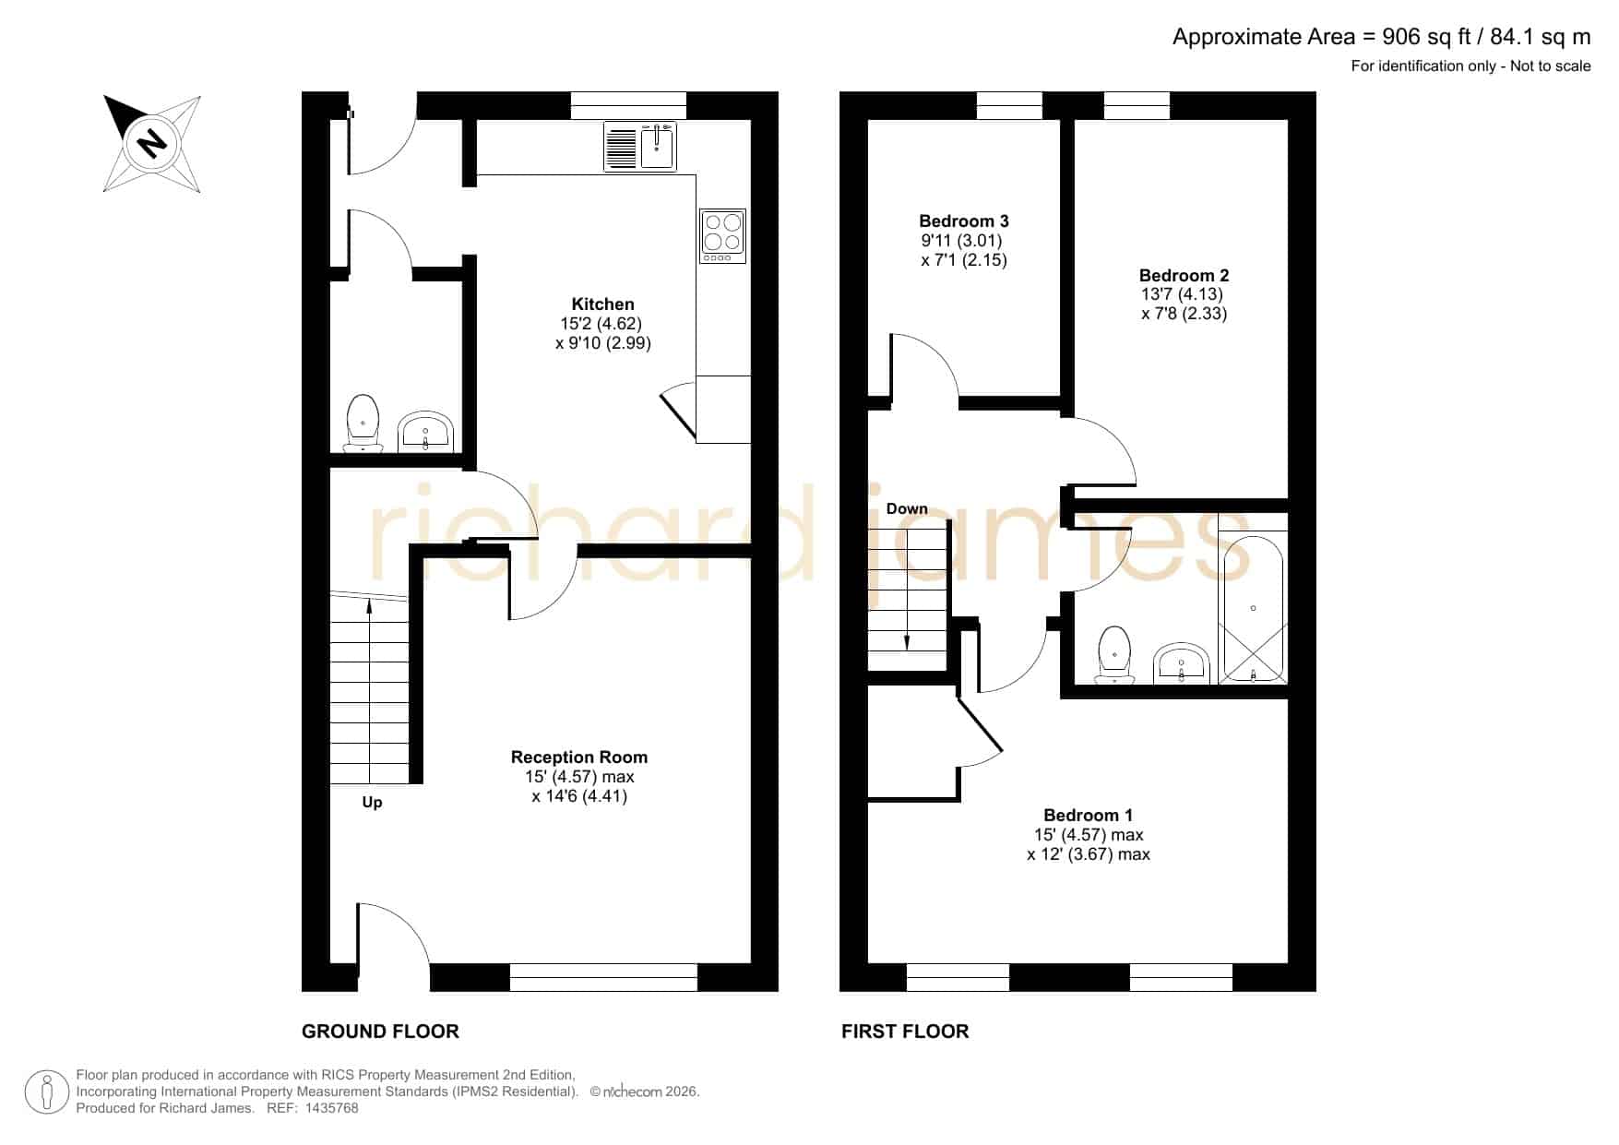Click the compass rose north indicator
click(151, 143)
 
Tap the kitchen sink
click(640, 146)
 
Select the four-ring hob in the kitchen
click(723, 235)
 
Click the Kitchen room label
click(603, 304)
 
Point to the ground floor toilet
click(363, 423)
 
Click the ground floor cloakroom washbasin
click(425, 432)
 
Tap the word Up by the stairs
click(372, 803)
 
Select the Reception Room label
click(579, 757)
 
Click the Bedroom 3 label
click(964, 221)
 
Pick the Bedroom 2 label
click(1184, 276)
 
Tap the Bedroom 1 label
click(1088, 816)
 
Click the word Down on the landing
click(907, 509)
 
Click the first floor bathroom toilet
click(1115, 655)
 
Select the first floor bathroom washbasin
click(1182, 662)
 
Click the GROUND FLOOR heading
click(380, 1032)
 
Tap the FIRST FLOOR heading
click(905, 1032)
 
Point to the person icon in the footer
click(46, 1092)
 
